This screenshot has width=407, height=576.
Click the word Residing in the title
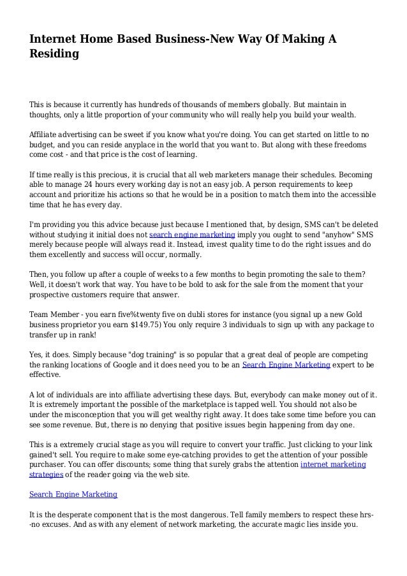pos(54,55)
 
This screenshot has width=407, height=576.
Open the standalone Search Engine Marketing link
pos(73,494)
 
